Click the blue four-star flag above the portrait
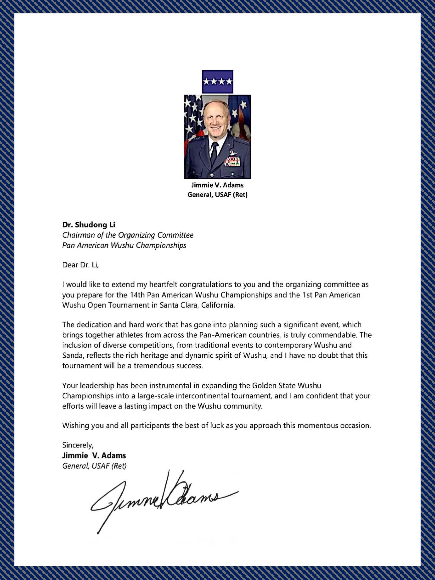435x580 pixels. point(217,81)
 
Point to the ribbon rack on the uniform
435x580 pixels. point(232,162)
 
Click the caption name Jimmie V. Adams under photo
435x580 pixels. point(217,185)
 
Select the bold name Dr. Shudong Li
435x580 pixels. point(89,225)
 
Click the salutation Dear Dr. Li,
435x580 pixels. point(81,265)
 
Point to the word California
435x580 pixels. point(217,305)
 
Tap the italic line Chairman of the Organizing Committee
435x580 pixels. point(127,235)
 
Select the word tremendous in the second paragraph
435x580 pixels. point(154,365)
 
